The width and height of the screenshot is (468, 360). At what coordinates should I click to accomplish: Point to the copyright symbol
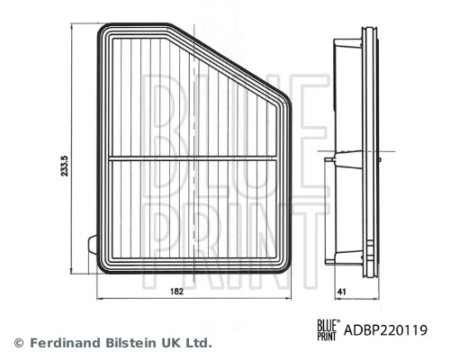[x=19, y=343]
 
